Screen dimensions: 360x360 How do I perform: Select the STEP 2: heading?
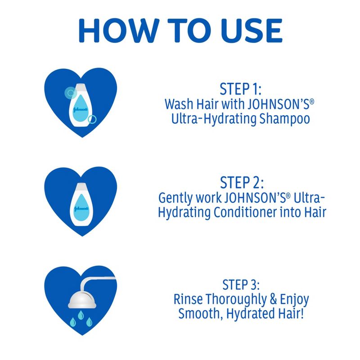(x=242, y=183)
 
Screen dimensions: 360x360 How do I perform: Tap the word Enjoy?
(x=293, y=300)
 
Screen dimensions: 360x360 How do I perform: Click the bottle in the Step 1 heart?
(x=82, y=104)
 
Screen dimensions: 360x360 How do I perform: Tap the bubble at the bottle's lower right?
(x=93, y=119)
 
